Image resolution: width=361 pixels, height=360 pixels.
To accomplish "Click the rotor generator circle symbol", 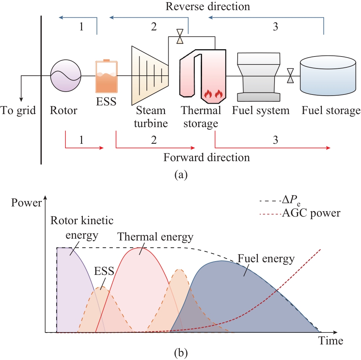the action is [x=66, y=76].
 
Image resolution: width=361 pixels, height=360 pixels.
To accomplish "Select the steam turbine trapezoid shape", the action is [x=150, y=76].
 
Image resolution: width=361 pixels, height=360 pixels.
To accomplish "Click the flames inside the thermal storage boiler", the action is [x=213, y=94].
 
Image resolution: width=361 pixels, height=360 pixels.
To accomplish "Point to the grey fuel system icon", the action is [x=259, y=77].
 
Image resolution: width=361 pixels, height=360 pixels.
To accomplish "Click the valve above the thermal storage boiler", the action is [x=180, y=36].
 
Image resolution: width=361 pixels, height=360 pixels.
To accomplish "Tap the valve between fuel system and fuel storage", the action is [x=290, y=76].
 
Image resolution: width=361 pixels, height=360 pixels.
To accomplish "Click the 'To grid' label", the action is [x=18, y=110].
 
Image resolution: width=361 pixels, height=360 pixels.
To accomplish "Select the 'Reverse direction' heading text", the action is [x=208, y=7].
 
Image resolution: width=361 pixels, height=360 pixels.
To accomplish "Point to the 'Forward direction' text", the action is [x=207, y=158].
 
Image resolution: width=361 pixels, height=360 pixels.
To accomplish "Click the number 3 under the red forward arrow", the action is [x=275, y=140].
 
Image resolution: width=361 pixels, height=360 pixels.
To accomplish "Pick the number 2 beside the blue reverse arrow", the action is [x=154, y=27].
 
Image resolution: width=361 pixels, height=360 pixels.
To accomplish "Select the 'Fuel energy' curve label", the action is [x=266, y=259].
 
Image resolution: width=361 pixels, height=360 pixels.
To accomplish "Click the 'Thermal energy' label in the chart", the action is [x=156, y=237].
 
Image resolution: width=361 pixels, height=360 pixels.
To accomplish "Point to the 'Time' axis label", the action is [x=331, y=341].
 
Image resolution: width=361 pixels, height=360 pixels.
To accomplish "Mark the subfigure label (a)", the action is [x=181, y=175].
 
